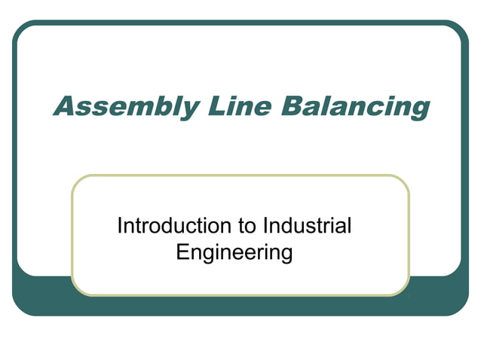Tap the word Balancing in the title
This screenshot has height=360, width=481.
(355, 105)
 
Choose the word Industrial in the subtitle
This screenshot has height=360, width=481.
(308, 225)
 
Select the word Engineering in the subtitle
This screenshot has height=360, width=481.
(234, 251)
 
